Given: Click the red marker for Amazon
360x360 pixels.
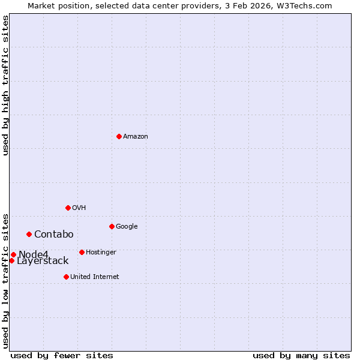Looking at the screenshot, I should (119, 136).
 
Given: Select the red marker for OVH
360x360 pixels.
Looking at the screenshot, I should (68, 208).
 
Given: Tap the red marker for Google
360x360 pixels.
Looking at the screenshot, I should (112, 226).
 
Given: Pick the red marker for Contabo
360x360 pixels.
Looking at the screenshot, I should (29, 234).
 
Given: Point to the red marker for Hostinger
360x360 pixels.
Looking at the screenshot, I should (82, 252).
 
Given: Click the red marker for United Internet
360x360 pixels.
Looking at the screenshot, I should (66, 277).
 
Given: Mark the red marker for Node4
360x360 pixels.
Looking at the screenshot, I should (13, 254).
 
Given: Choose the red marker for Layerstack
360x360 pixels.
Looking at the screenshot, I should (11, 260).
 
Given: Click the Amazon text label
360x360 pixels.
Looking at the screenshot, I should (136, 137).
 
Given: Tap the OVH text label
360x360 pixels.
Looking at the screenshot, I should (79, 208).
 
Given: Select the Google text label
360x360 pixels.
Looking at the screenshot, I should (127, 227).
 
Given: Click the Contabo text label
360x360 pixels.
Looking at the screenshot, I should (53, 235).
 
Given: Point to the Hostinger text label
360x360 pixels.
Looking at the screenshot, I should (101, 253).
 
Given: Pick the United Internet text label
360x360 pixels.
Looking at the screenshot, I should (95, 277).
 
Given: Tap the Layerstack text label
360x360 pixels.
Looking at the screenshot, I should (43, 261).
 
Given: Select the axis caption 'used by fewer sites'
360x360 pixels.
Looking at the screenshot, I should (62, 355).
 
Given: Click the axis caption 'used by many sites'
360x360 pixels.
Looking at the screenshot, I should (301, 355).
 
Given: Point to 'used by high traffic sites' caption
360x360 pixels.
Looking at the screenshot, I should (5, 85).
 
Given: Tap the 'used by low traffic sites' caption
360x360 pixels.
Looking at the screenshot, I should (5, 280).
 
